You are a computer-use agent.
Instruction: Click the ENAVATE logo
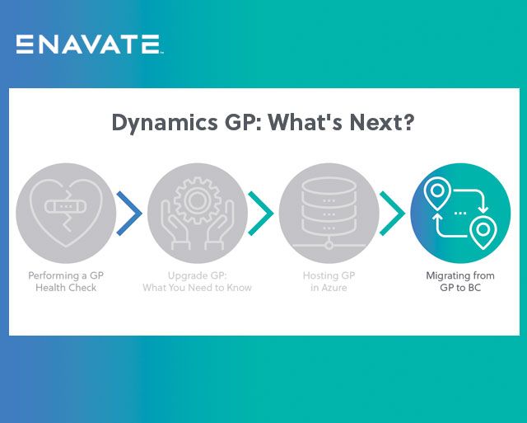point(89,44)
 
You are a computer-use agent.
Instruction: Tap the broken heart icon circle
point(66,213)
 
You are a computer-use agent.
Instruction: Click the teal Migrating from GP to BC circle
point(459,213)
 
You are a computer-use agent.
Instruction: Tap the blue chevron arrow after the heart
point(129,214)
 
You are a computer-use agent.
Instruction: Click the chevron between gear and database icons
point(260,214)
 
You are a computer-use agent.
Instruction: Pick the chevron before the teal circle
point(393,214)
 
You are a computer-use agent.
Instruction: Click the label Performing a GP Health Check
point(66,281)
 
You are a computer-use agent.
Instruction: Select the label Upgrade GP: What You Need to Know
point(197,281)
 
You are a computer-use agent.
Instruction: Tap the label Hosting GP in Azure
point(329,281)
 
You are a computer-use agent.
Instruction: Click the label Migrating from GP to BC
point(459,281)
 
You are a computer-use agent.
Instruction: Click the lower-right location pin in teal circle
point(483,228)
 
